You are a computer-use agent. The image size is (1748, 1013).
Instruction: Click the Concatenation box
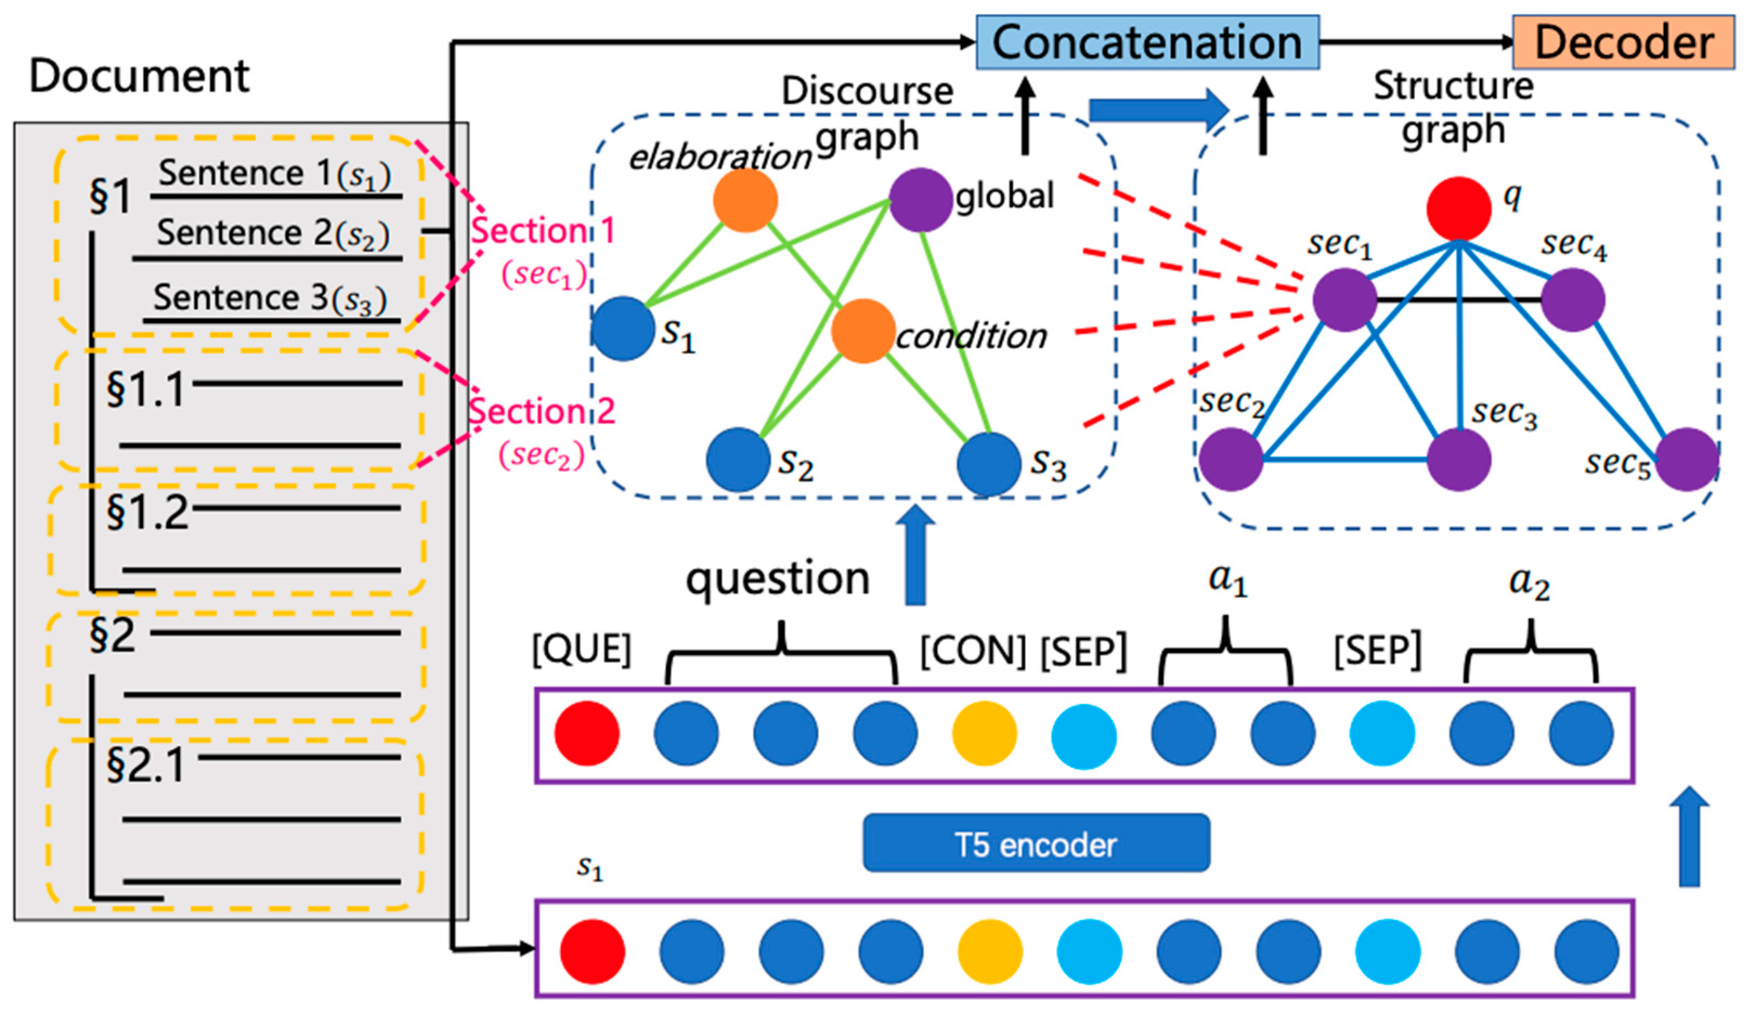(1147, 42)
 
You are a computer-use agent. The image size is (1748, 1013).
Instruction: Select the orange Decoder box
(1622, 42)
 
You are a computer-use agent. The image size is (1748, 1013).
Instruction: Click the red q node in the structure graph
(1458, 208)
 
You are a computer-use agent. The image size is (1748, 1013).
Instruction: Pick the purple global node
(920, 200)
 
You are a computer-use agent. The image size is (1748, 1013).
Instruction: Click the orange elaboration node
(745, 200)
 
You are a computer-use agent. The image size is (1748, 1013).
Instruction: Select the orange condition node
(862, 331)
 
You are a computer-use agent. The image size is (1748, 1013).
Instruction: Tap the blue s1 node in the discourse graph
(623, 329)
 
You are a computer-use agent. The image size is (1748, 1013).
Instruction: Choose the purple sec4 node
(1572, 299)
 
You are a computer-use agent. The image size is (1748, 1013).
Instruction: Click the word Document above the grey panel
(139, 76)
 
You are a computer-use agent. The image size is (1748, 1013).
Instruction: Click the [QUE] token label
(581, 650)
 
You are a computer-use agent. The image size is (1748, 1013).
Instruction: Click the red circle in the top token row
(586, 733)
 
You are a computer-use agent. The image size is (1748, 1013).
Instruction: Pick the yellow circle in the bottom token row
(990, 951)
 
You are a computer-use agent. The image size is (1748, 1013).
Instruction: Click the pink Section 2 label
(542, 411)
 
